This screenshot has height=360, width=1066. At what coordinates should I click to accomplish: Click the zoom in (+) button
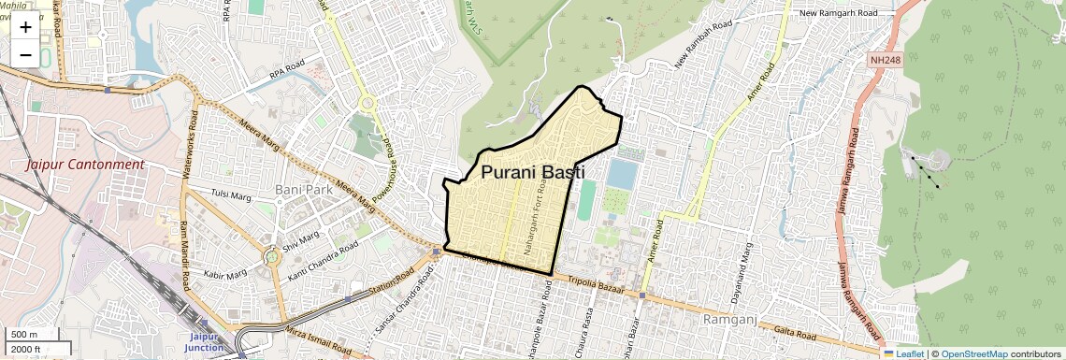(25, 27)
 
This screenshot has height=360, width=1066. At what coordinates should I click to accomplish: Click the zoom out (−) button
(25, 55)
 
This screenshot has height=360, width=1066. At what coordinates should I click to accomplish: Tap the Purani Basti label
(532, 172)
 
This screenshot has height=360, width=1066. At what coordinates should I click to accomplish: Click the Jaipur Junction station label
(206, 341)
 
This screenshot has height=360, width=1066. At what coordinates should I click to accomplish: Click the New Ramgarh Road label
(840, 13)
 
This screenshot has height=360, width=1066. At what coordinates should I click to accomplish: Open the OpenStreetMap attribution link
(973, 353)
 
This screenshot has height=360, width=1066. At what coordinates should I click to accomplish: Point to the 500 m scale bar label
(24, 335)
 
